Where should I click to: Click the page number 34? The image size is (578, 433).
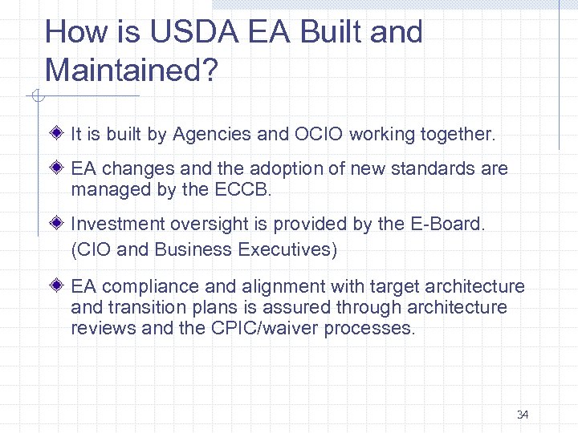coord(523,415)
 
